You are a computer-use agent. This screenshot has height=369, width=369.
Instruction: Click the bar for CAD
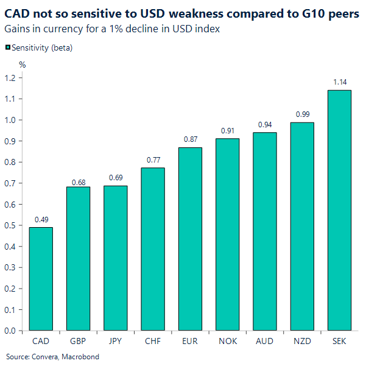(41, 279)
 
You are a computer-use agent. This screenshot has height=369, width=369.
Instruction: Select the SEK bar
(340, 210)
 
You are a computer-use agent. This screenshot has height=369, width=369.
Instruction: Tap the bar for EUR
(190, 239)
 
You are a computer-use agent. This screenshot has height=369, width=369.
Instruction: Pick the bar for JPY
(116, 258)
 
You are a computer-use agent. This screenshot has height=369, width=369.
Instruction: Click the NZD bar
(303, 226)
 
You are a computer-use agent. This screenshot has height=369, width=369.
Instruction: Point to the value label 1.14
(340, 82)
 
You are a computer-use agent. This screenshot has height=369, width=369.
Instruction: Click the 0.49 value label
(41, 219)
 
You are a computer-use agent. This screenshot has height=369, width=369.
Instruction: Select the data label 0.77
(153, 160)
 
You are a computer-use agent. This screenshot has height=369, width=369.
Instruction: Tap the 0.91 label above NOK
(228, 130)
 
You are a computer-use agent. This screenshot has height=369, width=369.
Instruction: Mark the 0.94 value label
(265, 124)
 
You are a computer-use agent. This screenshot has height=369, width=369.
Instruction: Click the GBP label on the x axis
(78, 342)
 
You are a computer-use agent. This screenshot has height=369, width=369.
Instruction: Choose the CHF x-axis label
(153, 342)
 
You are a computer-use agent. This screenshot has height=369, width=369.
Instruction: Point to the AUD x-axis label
(265, 342)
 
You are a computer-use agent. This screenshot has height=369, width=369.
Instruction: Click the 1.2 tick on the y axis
(10, 77)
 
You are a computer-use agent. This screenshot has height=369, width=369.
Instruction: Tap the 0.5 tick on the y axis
(10, 225)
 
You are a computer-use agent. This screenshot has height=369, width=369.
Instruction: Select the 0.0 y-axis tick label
(10, 331)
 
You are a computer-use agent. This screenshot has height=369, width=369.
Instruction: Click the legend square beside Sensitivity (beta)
(7, 47)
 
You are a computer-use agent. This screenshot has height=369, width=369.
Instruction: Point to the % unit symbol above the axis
(23, 64)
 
